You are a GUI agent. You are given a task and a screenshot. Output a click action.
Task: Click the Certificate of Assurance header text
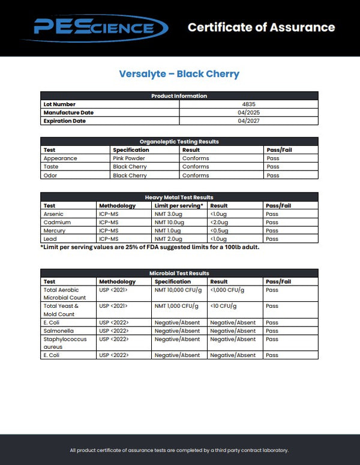tap(261, 27)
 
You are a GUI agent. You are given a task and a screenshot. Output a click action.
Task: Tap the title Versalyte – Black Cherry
tap(179, 74)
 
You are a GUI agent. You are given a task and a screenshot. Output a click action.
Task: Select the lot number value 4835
tap(249, 104)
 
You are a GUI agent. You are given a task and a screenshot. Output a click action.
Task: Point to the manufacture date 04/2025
tap(249, 113)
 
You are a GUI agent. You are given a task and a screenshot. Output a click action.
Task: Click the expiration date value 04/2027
tap(249, 121)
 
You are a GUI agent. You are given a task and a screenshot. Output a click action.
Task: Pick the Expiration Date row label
tap(64, 121)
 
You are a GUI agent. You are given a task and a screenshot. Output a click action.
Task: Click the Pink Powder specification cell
tap(129, 158)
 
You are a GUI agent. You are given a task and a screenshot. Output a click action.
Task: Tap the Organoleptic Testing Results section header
tap(179, 142)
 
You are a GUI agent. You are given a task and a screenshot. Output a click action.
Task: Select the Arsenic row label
tap(53, 214)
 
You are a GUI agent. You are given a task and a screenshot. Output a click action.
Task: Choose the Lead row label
tap(50, 239)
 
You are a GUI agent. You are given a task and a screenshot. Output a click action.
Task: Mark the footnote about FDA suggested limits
tap(149, 247)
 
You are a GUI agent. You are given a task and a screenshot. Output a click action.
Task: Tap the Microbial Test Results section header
tap(179, 273)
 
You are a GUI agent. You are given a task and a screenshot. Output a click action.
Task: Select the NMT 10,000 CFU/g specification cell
tap(178, 290)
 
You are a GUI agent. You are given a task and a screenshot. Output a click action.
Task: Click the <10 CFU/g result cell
tap(223, 306)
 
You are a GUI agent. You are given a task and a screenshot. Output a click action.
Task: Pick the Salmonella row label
tap(58, 331)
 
